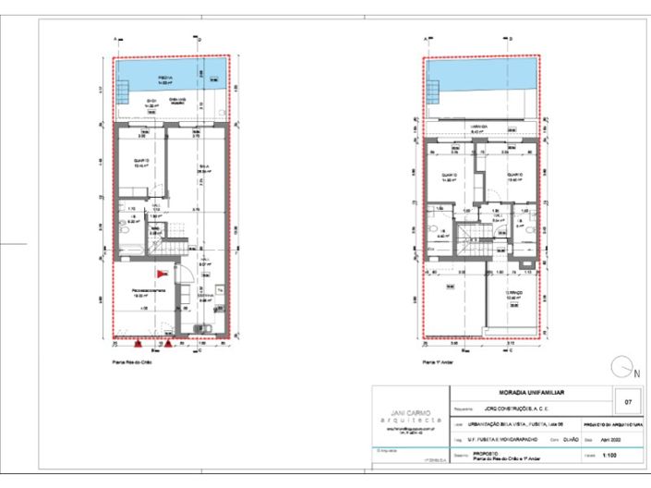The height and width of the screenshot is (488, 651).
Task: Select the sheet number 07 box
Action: point(628,402)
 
